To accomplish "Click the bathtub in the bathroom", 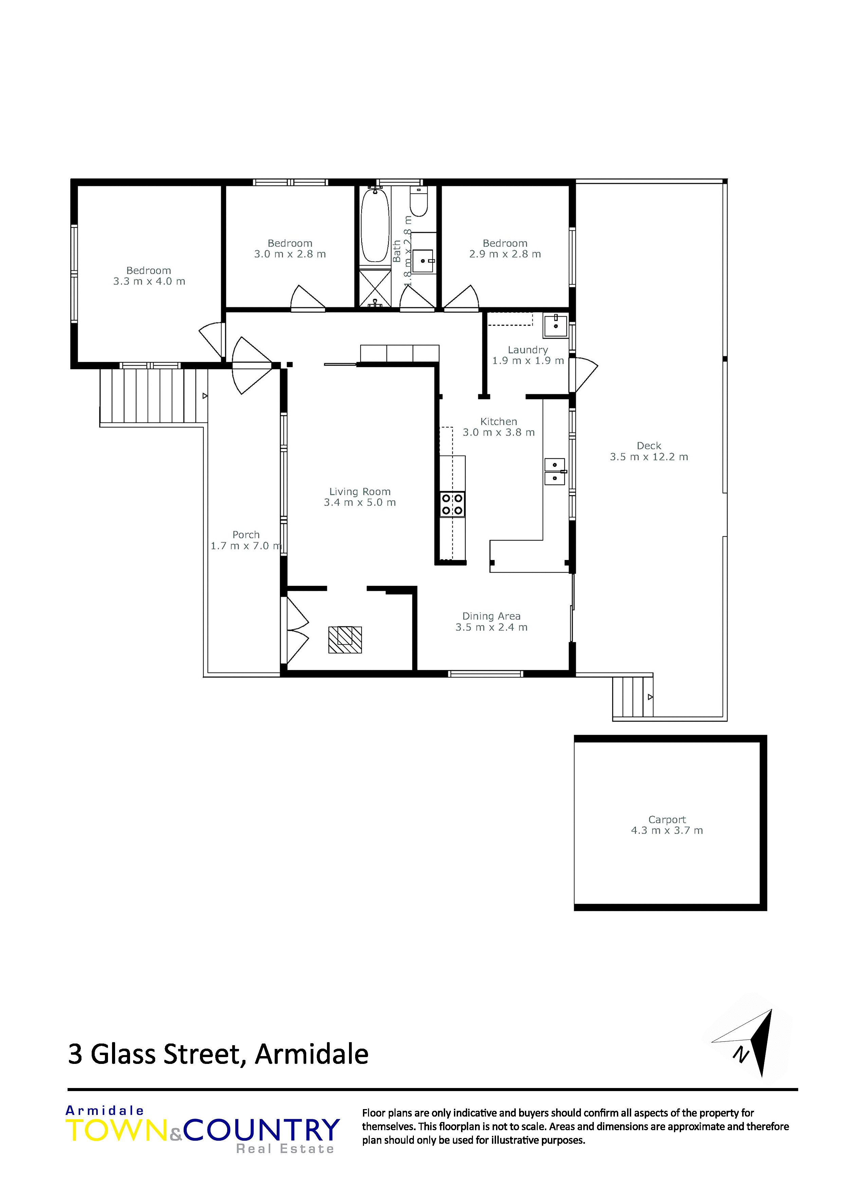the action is point(374,225).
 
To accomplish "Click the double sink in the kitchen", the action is point(554,471).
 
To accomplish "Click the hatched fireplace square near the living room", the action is point(345,639).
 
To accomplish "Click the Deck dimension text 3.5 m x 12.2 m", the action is point(649,457).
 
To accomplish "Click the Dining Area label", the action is point(491,616).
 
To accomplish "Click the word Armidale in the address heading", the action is point(312,1054).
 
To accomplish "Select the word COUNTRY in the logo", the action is point(261,1130).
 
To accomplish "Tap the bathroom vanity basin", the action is point(423,260).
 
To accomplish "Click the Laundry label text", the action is point(528,350).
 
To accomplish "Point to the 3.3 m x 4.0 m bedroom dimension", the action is point(149,281).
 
